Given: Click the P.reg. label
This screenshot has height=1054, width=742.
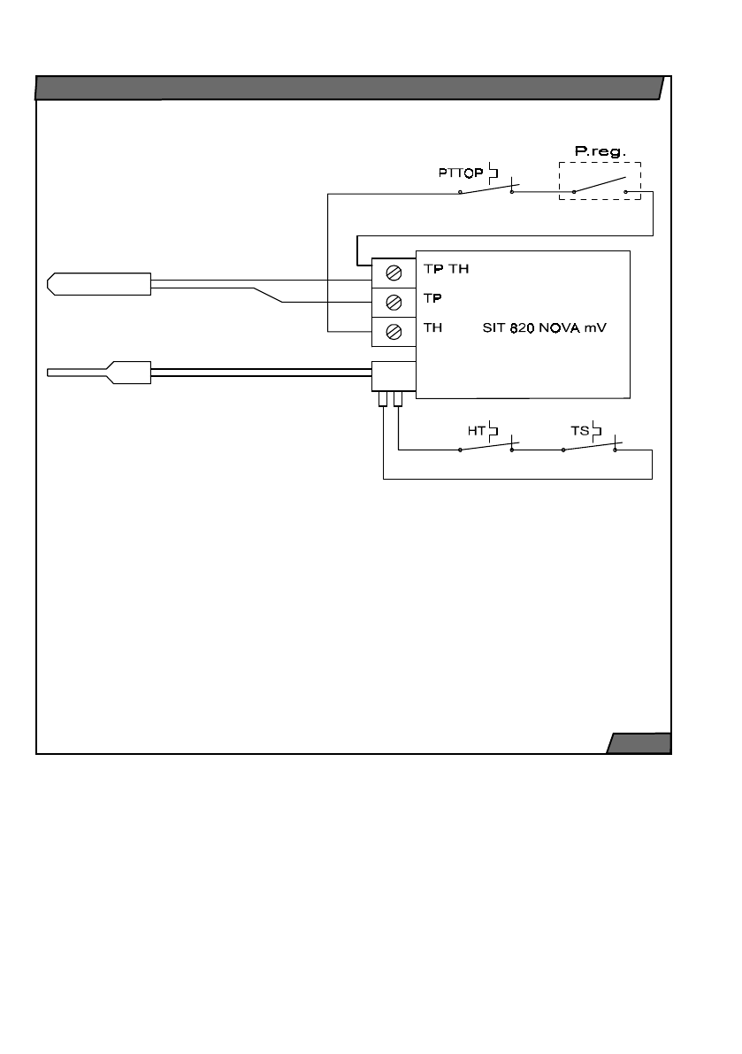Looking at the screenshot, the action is click(x=600, y=151).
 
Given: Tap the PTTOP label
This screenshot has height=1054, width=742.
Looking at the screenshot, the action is click(x=461, y=173).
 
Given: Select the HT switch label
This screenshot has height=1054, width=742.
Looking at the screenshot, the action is click(x=476, y=430).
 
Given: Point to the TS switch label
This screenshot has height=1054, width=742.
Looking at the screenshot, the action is click(x=579, y=430).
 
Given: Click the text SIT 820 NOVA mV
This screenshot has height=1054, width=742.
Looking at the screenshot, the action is click(x=545, y=328).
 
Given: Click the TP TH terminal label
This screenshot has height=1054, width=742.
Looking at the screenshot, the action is click(x=446, y=269).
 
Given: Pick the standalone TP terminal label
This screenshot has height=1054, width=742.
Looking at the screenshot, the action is click(x=432, y=297).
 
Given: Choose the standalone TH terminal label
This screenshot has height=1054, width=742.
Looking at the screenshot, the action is click(x=433, y=328).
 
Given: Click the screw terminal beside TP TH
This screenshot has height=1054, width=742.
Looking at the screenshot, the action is click(x=394, y=273).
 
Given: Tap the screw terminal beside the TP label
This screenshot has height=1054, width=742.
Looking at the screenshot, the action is click(x=394, y=303).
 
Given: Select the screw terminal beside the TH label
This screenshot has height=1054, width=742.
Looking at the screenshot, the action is click(x=394, y=331).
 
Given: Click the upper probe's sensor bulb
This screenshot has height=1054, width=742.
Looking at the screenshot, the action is click(x=99, y=284).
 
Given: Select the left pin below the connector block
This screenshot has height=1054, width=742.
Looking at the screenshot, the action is click(x=383, y=399).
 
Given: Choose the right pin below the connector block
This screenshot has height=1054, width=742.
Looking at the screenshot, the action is click(x=398, y=399).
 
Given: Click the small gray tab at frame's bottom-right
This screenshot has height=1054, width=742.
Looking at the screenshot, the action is click(x=639, y=742).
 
